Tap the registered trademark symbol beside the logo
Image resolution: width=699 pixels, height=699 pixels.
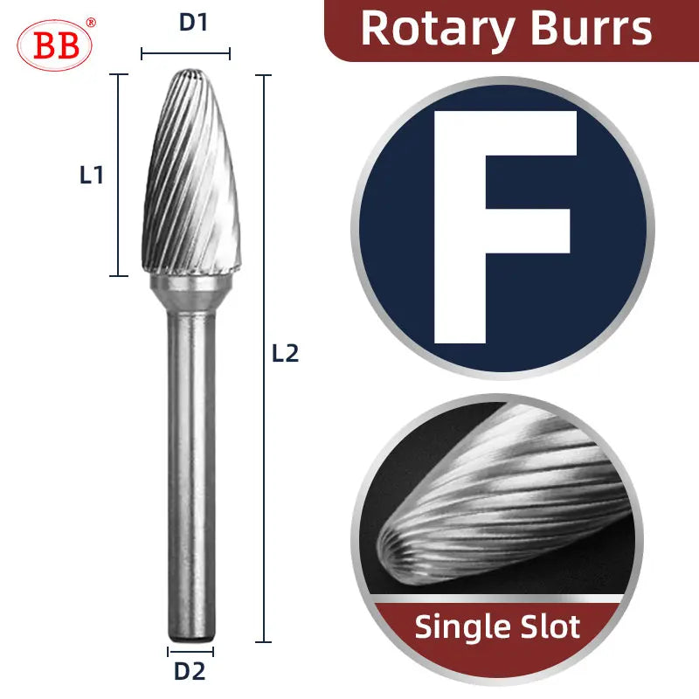point(91,23)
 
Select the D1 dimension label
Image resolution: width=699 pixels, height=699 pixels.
point(193,24)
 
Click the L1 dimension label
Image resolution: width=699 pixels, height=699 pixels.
point(92,175)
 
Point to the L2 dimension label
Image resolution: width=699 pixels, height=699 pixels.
point(285,354)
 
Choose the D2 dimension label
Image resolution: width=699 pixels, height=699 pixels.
point(190,672)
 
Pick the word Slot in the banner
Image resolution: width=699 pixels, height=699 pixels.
point(550,626)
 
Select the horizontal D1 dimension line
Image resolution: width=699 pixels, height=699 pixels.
point(185,54)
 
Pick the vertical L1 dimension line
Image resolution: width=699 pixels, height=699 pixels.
point(118,175)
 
